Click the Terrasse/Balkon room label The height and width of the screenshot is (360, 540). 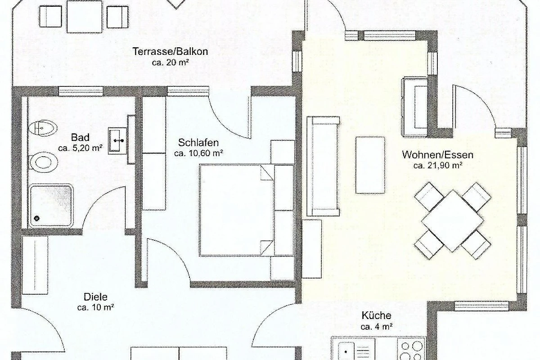[170, 51]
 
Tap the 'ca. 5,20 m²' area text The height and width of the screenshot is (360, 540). [80, 148]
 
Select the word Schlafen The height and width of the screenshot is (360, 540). [198, 143]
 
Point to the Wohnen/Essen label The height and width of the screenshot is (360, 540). [437, 155]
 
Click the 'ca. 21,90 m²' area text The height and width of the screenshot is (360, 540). [437, 166]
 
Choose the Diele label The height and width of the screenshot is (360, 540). [95, 297]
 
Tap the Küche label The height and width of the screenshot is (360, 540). [376, 315]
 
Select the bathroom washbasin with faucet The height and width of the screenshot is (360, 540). [117, 140]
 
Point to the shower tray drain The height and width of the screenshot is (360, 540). [36, 218]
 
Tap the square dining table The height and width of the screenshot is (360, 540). [453, 220]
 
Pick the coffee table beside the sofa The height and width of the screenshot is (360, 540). [370, 165]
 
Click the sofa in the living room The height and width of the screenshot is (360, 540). [323, 166]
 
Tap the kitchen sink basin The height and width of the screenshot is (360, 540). [346, 351]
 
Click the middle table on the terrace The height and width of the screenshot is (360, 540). [85, 17]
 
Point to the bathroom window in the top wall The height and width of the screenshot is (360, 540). [81, 92]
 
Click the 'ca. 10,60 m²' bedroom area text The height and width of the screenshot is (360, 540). [198, 153]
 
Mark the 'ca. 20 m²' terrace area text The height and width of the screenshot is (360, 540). [170, 63]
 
